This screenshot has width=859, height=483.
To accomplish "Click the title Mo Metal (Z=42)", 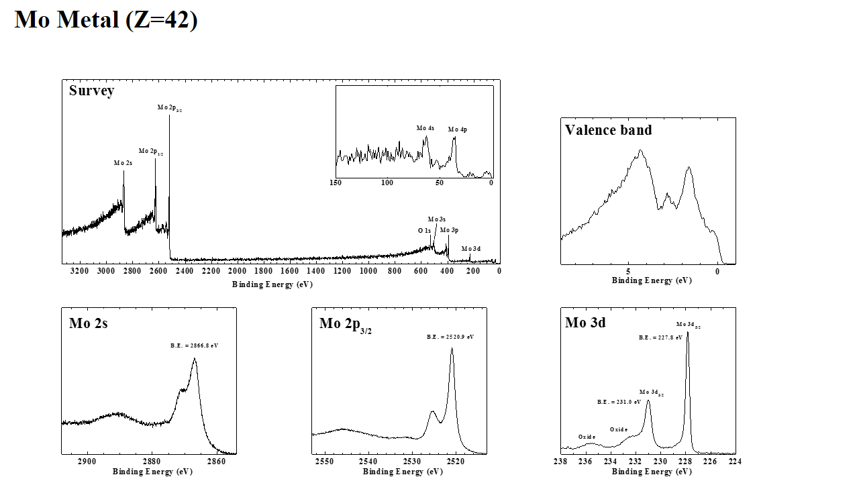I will (x=106, y=19).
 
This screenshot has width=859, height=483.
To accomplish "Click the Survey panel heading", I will (x=91, y=91).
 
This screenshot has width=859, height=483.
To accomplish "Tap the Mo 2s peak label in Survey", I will (x=123, y=163).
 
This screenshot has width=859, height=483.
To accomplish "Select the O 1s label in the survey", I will (x=424, y=231).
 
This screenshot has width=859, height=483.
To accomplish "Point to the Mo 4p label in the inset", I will (x=458, y=129).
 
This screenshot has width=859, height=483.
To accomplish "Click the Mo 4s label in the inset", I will (x=425, y=128).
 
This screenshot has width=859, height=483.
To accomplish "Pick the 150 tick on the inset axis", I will (x=336, y=182).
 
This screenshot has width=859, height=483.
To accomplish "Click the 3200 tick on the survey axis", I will (x=79, y=271).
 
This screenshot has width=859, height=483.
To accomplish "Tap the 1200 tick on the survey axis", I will (x=342, y=271).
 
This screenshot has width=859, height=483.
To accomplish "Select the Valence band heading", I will (x=608, y=130).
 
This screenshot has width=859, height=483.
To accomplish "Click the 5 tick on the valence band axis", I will (x=628, y=272).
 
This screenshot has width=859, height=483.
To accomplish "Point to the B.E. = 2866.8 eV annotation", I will (x=194, y=345).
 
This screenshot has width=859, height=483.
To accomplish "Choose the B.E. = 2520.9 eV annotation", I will (x=450, y=337).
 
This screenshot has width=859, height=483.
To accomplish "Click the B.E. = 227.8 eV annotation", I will (x=660, y=338).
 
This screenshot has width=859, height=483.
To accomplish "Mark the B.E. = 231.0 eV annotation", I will (x=619, y=402).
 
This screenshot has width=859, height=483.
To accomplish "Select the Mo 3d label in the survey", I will (x=471, y=249).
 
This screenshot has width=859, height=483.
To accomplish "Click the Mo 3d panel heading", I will (x=585, y=323).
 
